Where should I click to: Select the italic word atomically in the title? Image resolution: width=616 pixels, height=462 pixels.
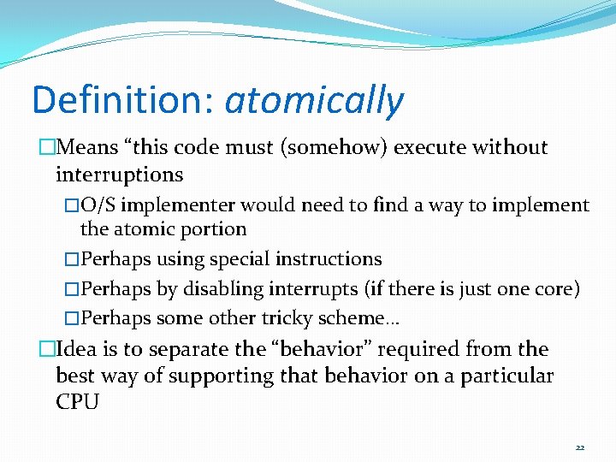pyautogui.click(x=313, y=101)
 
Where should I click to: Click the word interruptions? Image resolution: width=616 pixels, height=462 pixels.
pyautogui.click(x=119, y=175)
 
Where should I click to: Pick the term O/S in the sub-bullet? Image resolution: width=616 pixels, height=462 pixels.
pyautogui.click(x=97, y=205)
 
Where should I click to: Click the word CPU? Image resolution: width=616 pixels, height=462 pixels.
pyautogui.click(x=77, y=402)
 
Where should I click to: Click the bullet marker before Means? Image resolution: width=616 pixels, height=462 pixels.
pyautogui.click(x=45, y=148)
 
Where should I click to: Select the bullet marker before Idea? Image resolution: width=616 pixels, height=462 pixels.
pyautogui.click(x=45, y=350)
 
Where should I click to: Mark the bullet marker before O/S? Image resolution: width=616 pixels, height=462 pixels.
pyautogui.click(x=72, y=205)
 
